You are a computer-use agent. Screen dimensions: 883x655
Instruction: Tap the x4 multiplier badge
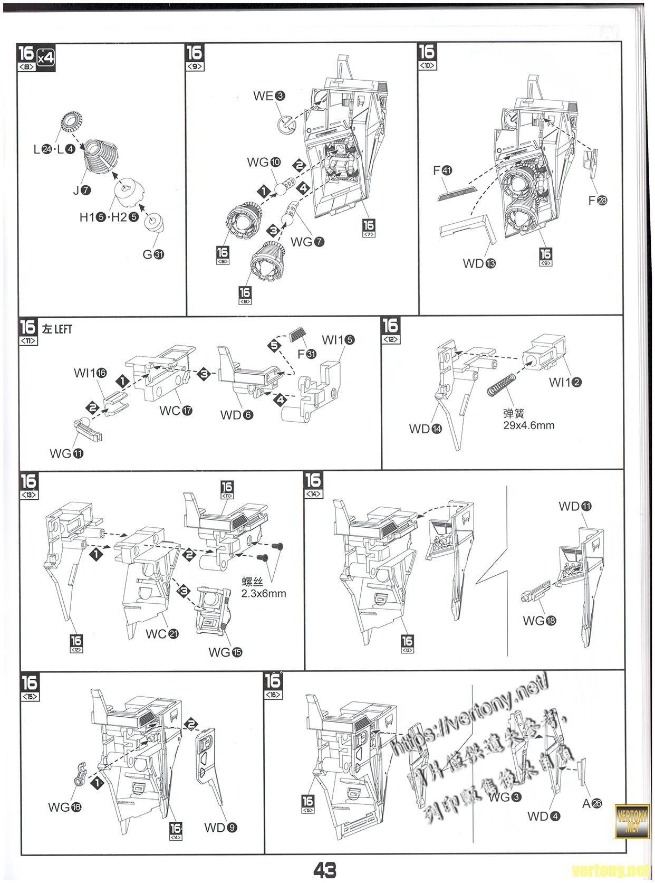pos(46,55)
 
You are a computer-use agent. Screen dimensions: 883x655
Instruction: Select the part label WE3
pos(269,96)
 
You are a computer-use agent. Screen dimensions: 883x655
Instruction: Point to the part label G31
pos(153,254)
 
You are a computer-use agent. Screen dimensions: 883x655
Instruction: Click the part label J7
pos(82,190)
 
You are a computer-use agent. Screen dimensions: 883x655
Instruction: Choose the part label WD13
pos(479,263)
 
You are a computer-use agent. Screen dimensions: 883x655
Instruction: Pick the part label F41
pos(442,170)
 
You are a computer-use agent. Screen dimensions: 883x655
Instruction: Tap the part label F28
pos(598,200)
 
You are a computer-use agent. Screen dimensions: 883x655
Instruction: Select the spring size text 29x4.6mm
pos(528,425)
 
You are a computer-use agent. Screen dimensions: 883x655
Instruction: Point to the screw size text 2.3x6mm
pos(264,593)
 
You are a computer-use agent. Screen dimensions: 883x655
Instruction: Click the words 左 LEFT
pos(57,329)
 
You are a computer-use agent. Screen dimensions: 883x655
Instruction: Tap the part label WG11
pos(66,453)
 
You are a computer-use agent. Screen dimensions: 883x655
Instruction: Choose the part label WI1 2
pos(565,382)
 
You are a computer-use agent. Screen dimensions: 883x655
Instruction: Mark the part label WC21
pos(162,634)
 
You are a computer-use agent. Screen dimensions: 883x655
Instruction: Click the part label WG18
pos(539,621)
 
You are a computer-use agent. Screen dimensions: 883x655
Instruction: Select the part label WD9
pos(220,828)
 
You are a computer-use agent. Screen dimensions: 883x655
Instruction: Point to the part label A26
pos(592,804)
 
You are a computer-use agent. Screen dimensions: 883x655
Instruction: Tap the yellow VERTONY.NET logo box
pos(632,821)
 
